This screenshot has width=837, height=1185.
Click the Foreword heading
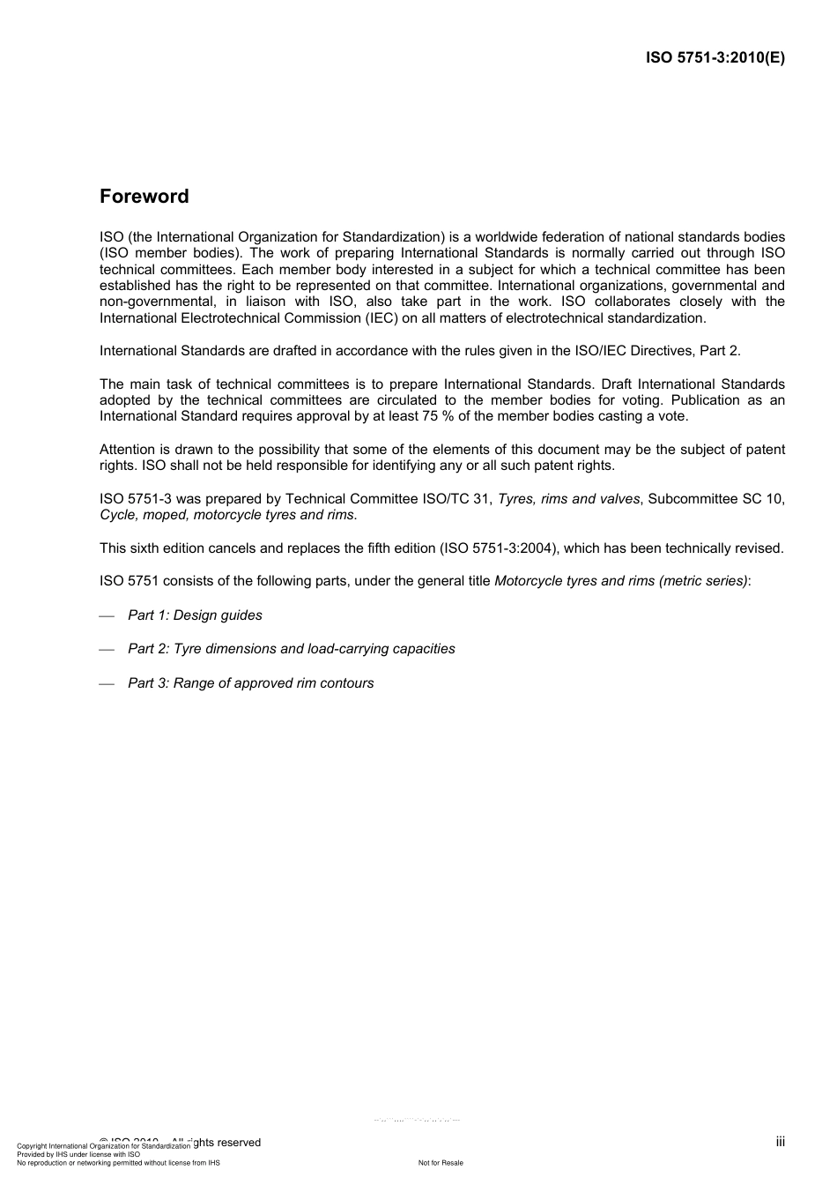(144, 197)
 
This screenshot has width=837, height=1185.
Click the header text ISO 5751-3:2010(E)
(715, 58)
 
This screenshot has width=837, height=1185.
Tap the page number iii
(780, 1142)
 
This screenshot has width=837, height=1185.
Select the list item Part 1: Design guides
(195, 615)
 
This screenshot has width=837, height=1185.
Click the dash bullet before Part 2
(107, 650)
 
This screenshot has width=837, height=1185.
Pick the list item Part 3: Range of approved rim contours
(250, 683)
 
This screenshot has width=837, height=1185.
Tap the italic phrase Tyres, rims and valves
(568, 499)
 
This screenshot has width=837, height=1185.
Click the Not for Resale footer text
(441, 1163)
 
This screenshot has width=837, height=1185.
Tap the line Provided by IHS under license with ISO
(78, 1154)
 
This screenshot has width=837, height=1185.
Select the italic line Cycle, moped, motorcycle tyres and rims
(227, 515)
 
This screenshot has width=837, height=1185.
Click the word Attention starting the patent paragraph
(127, 450)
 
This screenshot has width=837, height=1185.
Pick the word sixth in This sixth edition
(145, 548)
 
